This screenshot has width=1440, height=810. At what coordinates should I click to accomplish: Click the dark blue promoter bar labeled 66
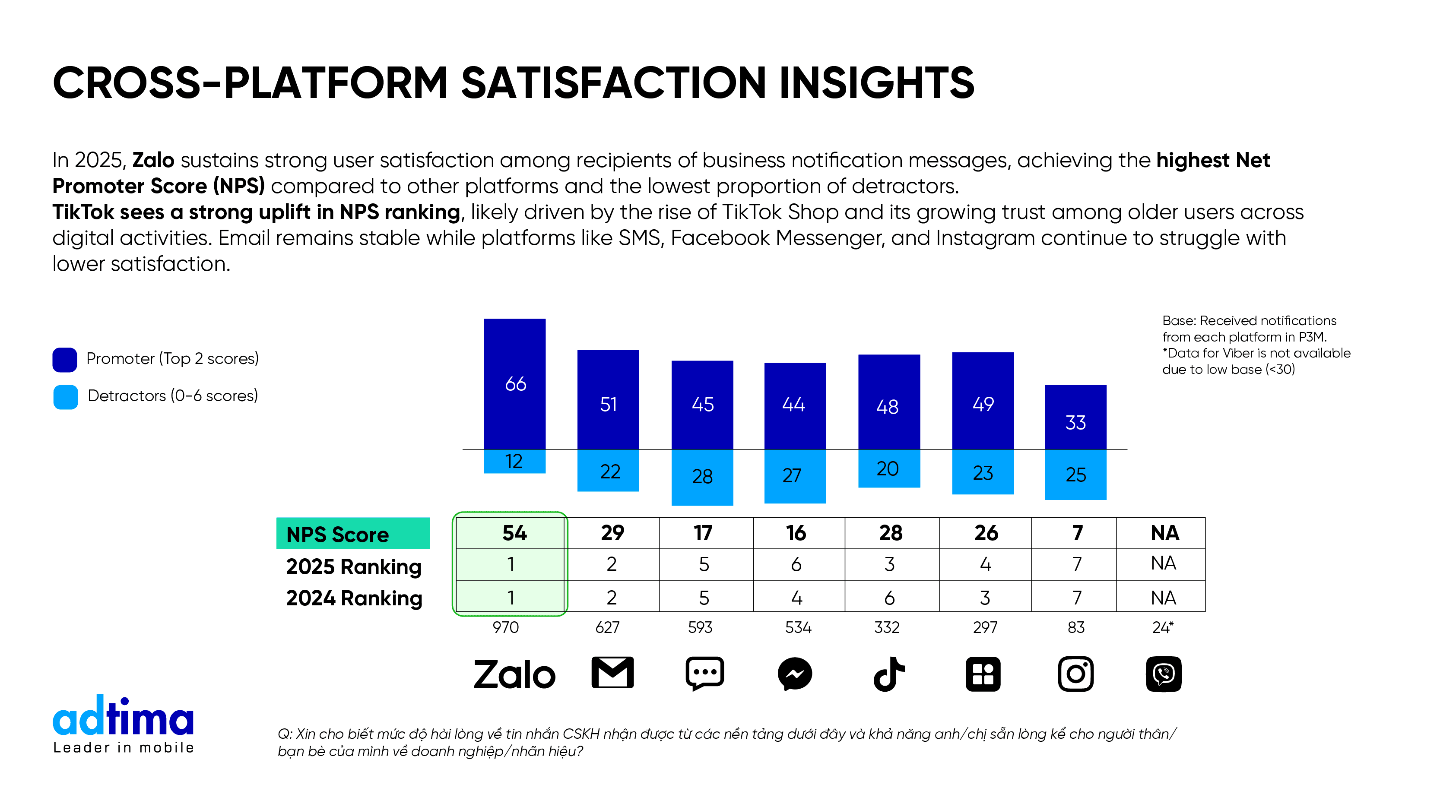pyautogui.click(x=514, y=383)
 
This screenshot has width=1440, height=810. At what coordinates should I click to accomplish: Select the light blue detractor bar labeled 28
pyautogui.click(x=702, y=477)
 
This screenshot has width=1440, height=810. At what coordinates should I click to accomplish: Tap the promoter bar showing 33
pyautogui.click(x=1075, y=417)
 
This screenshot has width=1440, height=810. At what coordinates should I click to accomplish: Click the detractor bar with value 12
pyautogui.click(x=514, y=461)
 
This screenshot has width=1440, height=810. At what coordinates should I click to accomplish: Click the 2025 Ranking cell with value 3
pyautogui.click(x=891, y=564)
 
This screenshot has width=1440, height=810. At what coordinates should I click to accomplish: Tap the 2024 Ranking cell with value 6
pyautogui.click(x=891, y=597)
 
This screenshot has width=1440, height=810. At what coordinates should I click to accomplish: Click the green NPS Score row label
pyautogui.click(x=353, y=533)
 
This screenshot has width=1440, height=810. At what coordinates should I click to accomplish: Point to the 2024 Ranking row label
pyautogui.click(x=354, y=598)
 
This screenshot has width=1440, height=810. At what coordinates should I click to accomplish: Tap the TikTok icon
pyautogui.click(x=888, y=674)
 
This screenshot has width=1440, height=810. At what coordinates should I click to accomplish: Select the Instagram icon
pyautogui.click(x=1075, y=674)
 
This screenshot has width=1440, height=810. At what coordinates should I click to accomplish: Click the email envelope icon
pyautogui.click(x=612, y=673)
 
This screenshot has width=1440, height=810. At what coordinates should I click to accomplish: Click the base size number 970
pyautogui.click(x=505, y=627)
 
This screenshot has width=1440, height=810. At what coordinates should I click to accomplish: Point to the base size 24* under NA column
pyautogui.click(x=1163, y=627)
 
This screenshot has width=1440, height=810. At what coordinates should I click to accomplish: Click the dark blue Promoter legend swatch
pyautogui.click(x=65, y=359)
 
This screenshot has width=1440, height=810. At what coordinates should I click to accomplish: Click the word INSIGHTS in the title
pyautogui.click(x=876, y=83)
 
